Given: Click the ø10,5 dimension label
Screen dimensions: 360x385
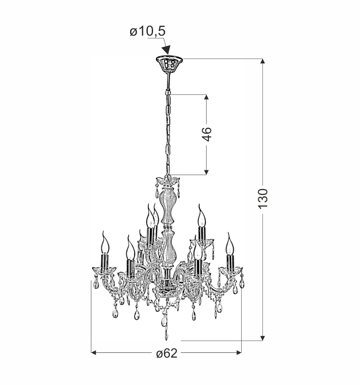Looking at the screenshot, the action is (148, 31).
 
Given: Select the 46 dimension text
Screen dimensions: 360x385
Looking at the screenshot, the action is (207, 134).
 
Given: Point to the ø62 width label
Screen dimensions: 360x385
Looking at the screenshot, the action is (167, 353).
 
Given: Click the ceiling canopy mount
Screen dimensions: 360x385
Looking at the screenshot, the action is (169, 63).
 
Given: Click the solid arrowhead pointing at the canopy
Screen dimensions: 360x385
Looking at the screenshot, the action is (167, 50).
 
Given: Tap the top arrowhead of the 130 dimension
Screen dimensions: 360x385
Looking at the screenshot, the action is (263, 61).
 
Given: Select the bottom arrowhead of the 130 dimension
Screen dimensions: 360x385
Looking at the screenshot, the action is (263, 338).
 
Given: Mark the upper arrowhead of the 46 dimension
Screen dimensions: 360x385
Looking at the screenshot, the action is (207, 97).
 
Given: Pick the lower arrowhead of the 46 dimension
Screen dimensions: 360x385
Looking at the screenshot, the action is (207, 173).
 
